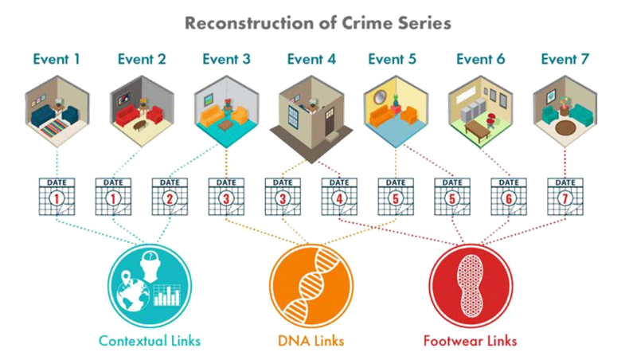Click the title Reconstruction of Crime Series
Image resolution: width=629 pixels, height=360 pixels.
coord(318,22)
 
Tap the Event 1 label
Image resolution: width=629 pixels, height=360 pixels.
coord(57,58)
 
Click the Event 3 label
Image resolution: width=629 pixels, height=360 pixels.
coord(226,58)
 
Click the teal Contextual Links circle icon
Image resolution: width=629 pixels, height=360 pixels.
coord(149,283)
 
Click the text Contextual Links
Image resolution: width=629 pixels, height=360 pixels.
coord(149,341)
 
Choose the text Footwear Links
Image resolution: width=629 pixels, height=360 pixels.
coord(470,341)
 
